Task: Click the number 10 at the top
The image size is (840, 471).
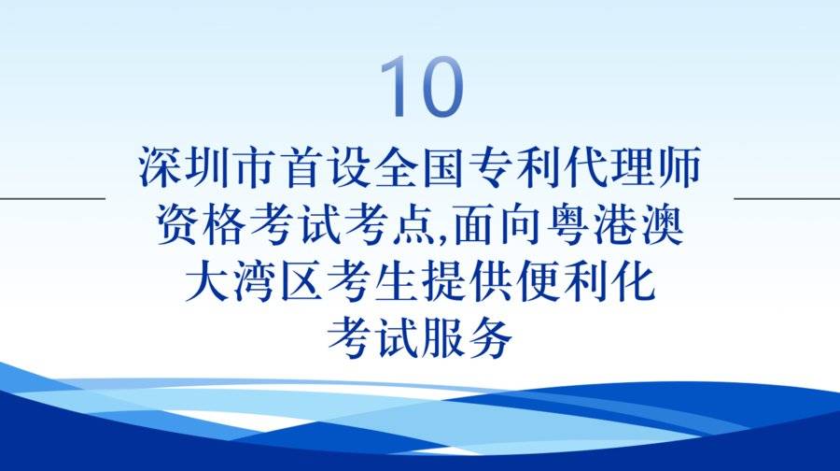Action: point(421,86)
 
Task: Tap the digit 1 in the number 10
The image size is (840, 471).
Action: point(394,86)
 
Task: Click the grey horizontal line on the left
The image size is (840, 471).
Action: point(52,198)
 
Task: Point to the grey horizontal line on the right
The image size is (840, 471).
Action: point(787,198)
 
